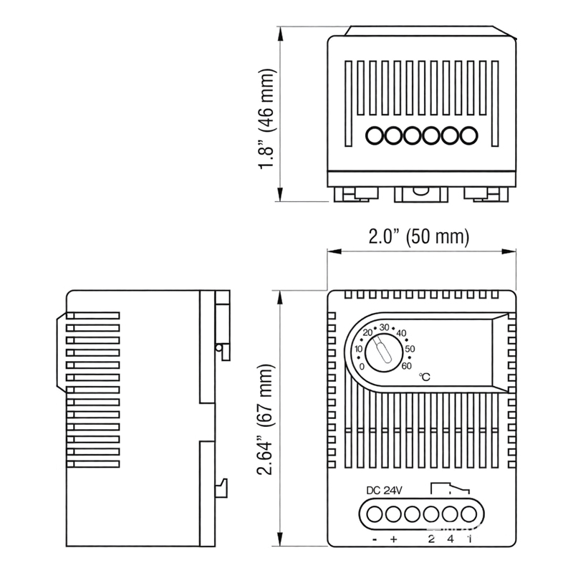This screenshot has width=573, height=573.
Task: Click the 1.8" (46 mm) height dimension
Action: [x=267, y=119]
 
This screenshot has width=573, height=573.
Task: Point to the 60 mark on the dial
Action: [x=407, y=366]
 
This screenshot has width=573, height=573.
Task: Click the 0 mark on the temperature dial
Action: [x=362, y=366]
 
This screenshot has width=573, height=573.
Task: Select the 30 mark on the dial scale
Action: [x=385, y=327]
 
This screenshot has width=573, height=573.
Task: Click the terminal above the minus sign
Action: [x=374, y=514]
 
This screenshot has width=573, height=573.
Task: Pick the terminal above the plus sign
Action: [x=393, y=514]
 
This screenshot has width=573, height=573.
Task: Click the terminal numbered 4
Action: [x=451, y=514]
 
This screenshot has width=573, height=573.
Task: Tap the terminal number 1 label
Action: [x=469, y=539]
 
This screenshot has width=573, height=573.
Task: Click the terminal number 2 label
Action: [x=431, y=539]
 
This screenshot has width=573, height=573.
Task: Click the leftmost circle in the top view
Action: [x=375, y=134]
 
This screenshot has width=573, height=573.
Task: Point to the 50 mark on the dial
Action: [x=410, y=349]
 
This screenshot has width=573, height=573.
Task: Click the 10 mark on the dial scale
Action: [x=359, y=349]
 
